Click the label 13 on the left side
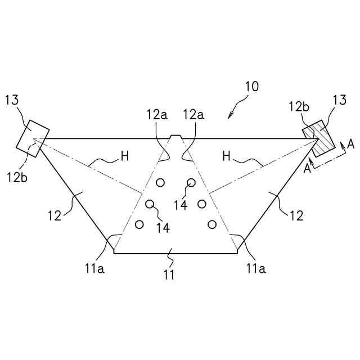pos(12,101)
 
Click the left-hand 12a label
pos(157,115)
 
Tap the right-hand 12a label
pos(193,115)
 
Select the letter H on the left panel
pos(125,156)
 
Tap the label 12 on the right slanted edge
pos(296,215)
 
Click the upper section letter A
pos(350,145)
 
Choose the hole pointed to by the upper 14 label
pos(192,182)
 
